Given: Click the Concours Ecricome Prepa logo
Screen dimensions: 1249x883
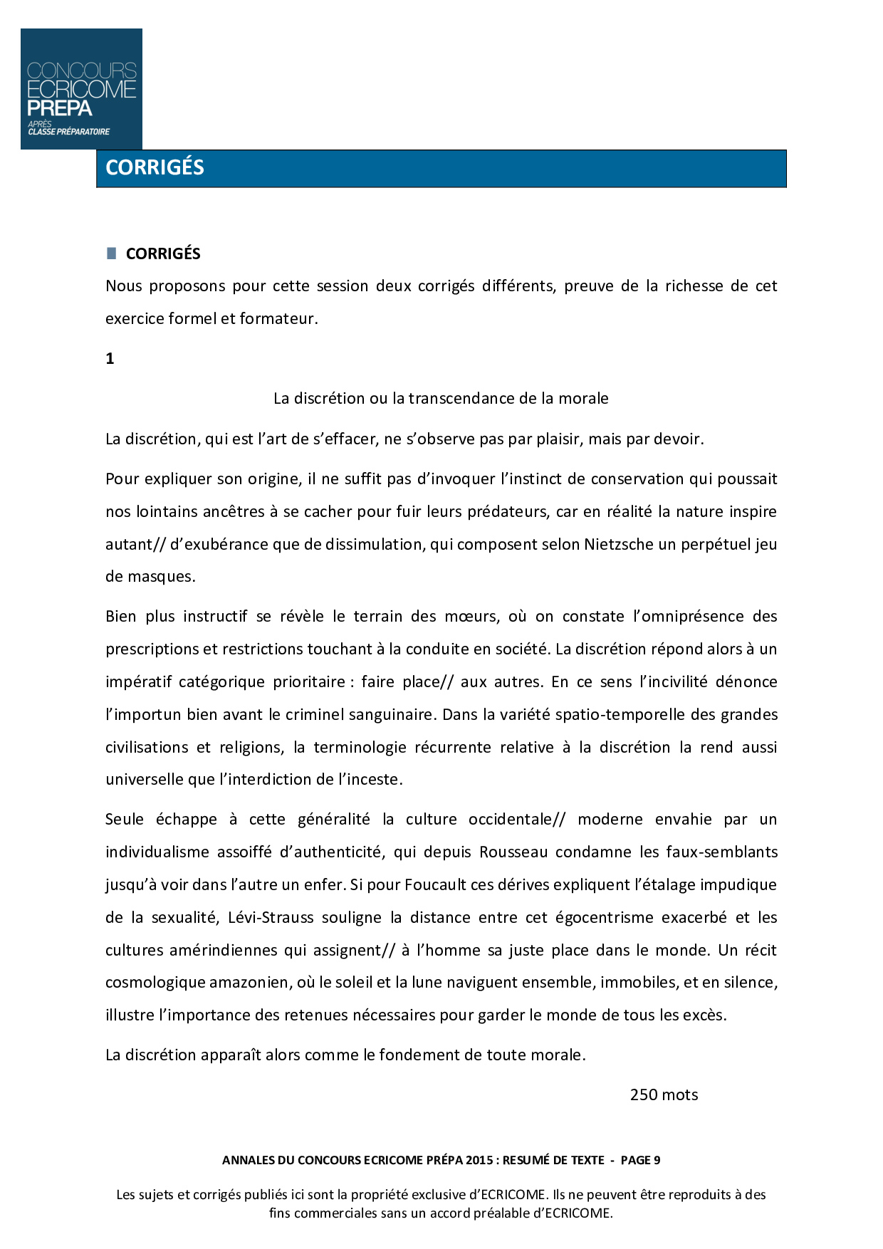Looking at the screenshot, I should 81,89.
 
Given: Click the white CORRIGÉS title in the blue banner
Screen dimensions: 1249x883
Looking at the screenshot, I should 155,167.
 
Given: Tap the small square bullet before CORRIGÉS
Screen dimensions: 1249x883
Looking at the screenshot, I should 111,254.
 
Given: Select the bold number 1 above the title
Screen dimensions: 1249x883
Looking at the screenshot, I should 110,359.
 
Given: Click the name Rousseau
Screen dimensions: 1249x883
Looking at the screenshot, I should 513,852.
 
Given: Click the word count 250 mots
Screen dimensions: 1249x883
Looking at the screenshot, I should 664,1095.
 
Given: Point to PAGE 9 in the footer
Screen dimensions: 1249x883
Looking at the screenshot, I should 640,1160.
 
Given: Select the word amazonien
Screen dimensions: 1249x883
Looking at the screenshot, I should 248,983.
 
